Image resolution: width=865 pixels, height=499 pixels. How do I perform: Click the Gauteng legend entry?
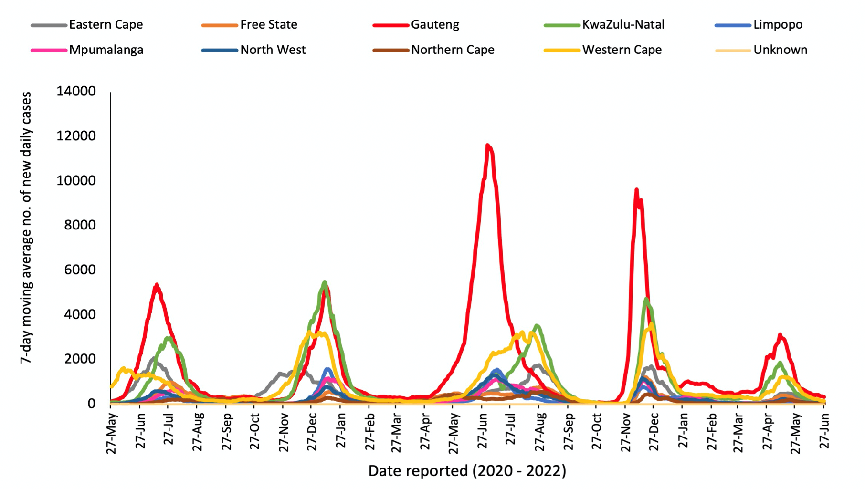pos(435,25)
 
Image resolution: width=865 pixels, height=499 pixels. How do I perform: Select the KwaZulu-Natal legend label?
pos(623,25)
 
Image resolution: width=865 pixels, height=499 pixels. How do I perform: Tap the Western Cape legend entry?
pos(622,50)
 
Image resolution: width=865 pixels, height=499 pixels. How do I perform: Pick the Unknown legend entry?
pos(780,50)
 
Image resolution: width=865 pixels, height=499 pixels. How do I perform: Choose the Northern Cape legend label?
pos(453,50)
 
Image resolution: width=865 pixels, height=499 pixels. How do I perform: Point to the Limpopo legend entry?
pos(778,25)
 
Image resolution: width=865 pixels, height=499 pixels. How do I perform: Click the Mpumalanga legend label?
pos(106,50)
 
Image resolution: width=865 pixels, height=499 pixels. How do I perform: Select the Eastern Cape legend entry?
pos(105,25)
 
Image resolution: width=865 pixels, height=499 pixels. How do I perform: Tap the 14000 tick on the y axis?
pos(76,91)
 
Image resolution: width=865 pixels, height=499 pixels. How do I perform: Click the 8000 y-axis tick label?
pos(80,225)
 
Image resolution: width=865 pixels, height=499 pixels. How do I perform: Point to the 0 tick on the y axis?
pos(91,404)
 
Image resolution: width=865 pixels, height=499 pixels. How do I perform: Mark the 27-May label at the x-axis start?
pos(112,433)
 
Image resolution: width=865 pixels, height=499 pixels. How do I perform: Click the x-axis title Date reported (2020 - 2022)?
pos(467,471)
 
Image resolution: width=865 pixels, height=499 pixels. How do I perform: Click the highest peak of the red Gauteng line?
pos(487,145)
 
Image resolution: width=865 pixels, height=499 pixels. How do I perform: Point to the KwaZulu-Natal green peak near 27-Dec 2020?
pos(325,282)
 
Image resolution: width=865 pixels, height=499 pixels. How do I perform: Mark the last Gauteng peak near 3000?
pos(780,335)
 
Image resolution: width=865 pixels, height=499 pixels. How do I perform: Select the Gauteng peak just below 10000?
pos(636,189)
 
